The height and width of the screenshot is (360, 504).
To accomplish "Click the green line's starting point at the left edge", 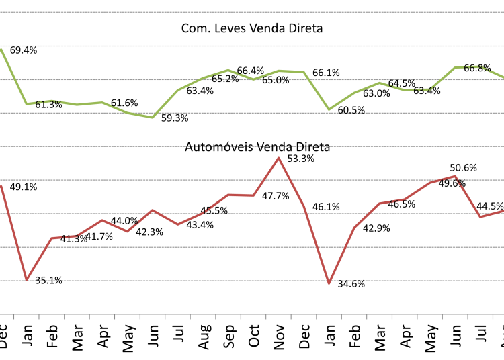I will (x=1, y=49).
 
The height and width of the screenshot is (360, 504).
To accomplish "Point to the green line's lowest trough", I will (x=153, y=118).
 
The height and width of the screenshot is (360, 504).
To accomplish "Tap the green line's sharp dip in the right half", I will (x=329, y=109).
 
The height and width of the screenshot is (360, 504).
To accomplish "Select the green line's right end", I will (x=503, y=77).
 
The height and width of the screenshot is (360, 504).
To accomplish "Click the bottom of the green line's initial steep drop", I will (x=27, y=104).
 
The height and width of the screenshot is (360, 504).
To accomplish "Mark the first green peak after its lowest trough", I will (x=228, y=70).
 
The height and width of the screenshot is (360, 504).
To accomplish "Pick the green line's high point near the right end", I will (x=468, y=66).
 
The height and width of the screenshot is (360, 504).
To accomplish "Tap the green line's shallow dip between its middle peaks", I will (x=253, y=79).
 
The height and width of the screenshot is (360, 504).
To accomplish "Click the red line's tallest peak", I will (x=278, y=158).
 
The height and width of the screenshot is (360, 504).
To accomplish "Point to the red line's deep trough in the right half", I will (x=329, y=283).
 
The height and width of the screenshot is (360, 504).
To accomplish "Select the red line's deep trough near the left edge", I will (x=27, y=279).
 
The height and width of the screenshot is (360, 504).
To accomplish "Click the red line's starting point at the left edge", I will (x=1, y=186).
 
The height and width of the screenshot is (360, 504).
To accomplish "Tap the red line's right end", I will (x=503, y=211).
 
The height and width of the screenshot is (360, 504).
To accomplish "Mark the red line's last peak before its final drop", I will (x=456, y=176).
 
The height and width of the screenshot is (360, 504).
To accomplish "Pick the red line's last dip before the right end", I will (x=480, y=217).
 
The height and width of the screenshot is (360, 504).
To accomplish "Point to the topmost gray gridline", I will (x=252, y=12).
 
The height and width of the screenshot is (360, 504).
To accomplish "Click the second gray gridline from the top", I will (x=252, y=46).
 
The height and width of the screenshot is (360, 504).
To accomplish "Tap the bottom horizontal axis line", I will (x=252, y=314).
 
